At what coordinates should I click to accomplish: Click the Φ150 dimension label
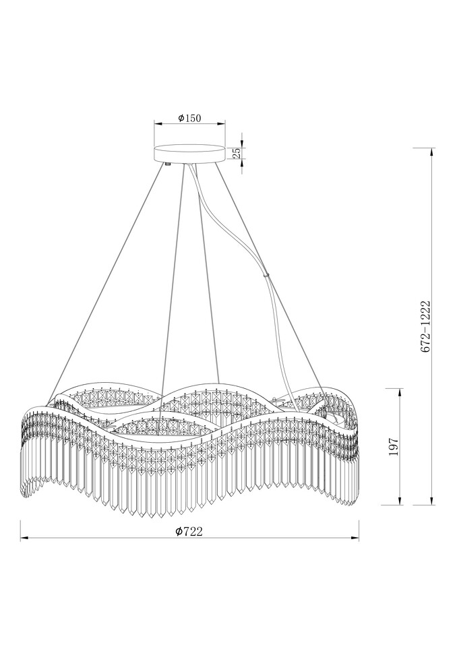[189, 118]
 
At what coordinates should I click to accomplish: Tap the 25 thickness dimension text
[237, 154]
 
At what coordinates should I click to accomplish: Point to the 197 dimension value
[394, 446]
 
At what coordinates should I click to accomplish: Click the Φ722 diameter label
[189, 531]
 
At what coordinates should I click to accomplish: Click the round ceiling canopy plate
[189, 154]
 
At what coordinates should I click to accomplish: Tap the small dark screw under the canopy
[168, 164]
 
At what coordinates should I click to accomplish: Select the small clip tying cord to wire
[268, 274]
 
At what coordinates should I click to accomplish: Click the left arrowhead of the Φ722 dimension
[24, 538]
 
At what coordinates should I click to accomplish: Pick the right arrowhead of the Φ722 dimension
[355, 538]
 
